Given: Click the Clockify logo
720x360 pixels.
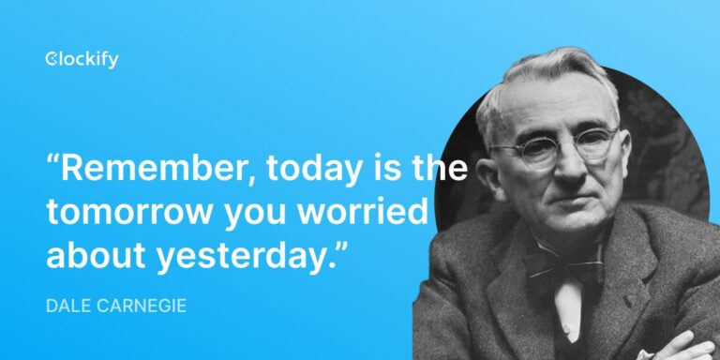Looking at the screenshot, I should click(x=82, y=61).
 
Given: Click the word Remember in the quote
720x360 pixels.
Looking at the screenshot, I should click(x=155, y=170).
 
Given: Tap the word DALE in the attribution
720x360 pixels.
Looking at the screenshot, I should click(x=65, y=306).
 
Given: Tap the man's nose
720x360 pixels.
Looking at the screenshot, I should click(x=562, y=170).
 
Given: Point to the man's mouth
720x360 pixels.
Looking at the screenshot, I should click(x=568, y=200).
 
